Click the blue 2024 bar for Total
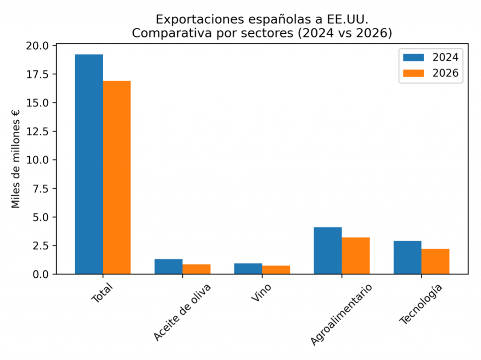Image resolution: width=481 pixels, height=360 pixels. (x=89, y=164)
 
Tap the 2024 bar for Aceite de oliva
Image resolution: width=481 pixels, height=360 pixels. (x=168, y=266)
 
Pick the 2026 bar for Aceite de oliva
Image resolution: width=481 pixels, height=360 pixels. (x=196, y=269)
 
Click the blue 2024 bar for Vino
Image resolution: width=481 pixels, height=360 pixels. (x=248, y=268)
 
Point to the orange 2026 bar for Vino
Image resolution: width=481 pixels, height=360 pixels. (x=276, y=269)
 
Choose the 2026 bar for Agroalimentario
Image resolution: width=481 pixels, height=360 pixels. (x=356, y=255)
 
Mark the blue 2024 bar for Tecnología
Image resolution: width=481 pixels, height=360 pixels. (x=407, y=257)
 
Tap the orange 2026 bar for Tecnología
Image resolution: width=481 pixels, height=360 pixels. (x=435, y=261)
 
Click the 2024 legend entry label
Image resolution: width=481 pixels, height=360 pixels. (x=445, y=57)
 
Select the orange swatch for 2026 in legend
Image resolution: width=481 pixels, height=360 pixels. (x=413, y=73)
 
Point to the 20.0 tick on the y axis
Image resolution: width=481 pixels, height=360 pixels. (x=38, y=46)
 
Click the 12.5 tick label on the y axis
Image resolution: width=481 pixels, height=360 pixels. (x=38, y=131)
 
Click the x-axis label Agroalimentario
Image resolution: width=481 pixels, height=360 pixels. (x=342, y=314)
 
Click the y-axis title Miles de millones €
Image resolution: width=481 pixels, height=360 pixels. (x=16, y=159)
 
